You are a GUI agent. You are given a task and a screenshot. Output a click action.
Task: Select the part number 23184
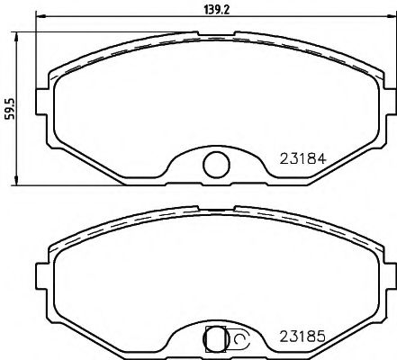click(302, 162)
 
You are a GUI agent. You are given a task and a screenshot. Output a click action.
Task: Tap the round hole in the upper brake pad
click(215, 164)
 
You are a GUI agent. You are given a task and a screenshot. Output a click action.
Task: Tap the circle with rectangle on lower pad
click(215, 339)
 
